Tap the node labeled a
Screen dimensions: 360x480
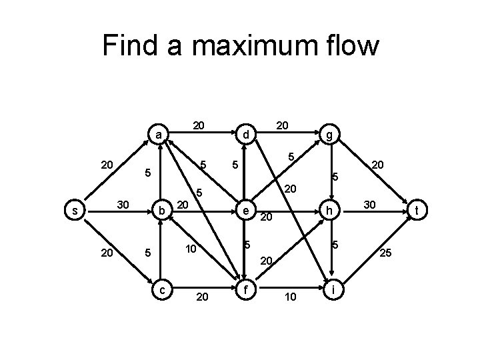(157, 135)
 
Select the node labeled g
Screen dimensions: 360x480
(330, 135)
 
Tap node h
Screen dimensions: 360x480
(330, 211)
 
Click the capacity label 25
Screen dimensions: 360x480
(385, 253)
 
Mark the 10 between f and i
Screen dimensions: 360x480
(289, 296)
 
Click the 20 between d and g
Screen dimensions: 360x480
(282, 125)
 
